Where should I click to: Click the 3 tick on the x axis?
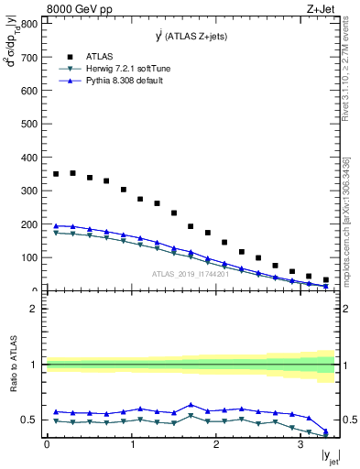(x=300, y=447)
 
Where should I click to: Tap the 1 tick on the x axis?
(x=131, y=447)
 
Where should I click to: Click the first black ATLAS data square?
(x=56, y=174)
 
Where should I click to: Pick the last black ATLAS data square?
(x=325, y=280)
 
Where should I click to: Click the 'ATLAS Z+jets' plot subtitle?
(x=191, y=37)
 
